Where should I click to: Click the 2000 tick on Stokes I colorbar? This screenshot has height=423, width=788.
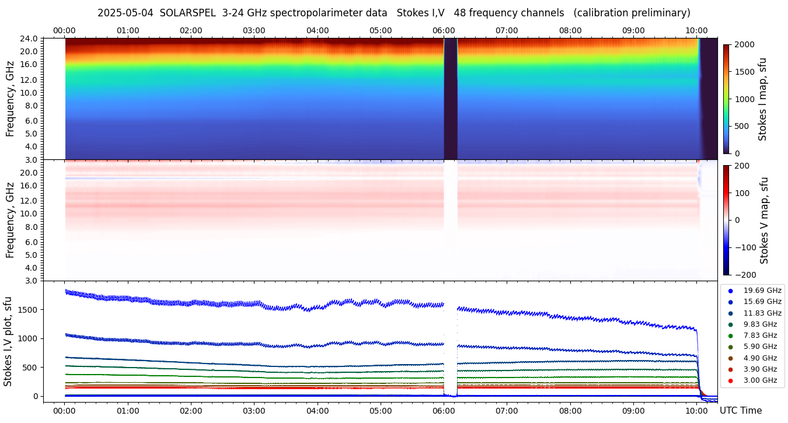pyautogui.click(x=744, y=45)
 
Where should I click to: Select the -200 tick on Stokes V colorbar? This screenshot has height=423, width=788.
pyautogui.click(x=745, y=275)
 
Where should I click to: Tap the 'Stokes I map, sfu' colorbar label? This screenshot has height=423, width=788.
pyautogui.click(x=763, y=99)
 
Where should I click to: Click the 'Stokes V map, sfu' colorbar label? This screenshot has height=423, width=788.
pyautogui.click(x=764, y=221)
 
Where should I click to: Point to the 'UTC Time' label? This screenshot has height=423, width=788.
pyautogui.click(x=740, y=411)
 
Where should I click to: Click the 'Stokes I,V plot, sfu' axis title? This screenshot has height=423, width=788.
pyautogui.click(x=8, y=341)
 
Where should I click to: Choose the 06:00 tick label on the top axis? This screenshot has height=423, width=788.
pyautogui.click(x=444, y=30)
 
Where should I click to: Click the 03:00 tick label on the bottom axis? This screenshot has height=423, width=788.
pyautogui.click(x=254, y=411)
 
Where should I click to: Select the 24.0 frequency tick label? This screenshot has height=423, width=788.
pyautogui.click(x=30, y=39)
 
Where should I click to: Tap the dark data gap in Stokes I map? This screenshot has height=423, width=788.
pyautogui.click(x=450, y=99)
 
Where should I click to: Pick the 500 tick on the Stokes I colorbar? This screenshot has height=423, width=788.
pyautogui.click(x=741, y=127)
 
